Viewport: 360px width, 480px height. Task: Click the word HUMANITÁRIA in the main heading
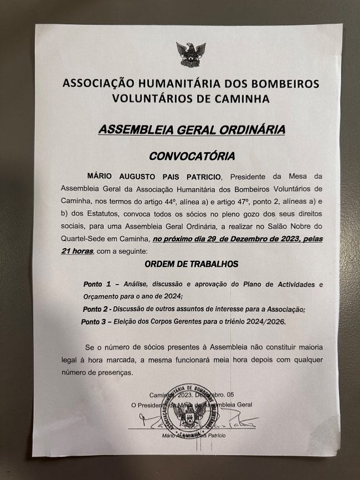160,85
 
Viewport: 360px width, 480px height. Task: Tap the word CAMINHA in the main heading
242,99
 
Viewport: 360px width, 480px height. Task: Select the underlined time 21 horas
78,252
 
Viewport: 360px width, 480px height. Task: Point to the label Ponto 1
97,284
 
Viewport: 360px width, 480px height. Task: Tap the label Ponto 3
96,321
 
